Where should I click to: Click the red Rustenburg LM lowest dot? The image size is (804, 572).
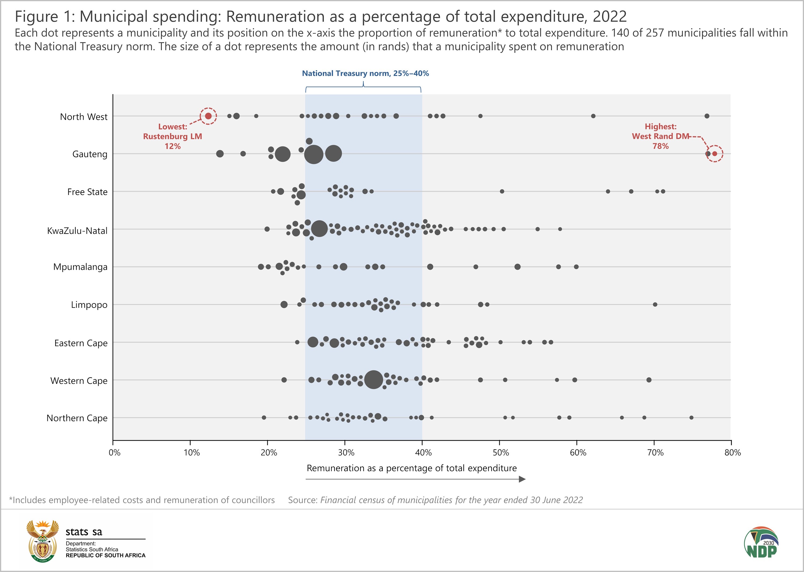pos(208,116)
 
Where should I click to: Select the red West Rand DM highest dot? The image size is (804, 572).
pos(714,153)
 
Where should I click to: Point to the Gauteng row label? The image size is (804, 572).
pos(90,154)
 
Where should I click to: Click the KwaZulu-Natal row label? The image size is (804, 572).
pos(77,231)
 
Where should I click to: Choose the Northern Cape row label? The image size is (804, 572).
pos(77,418)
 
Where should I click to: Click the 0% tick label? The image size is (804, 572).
pos(114,453)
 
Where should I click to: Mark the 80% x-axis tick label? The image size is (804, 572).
pos(732,453)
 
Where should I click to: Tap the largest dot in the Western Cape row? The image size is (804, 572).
pos(374,380)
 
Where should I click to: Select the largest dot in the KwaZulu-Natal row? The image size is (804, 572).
pos(319,229)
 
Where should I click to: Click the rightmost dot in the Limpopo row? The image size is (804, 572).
pos(655,304)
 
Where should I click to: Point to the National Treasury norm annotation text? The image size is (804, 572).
pos(365,73)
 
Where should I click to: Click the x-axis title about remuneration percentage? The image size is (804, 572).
pos(411,468)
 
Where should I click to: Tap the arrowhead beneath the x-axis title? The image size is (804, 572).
pos(522,479)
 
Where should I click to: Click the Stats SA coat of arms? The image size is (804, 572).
pos(43,541)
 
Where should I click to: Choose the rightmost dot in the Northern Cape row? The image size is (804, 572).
pos(691,417)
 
